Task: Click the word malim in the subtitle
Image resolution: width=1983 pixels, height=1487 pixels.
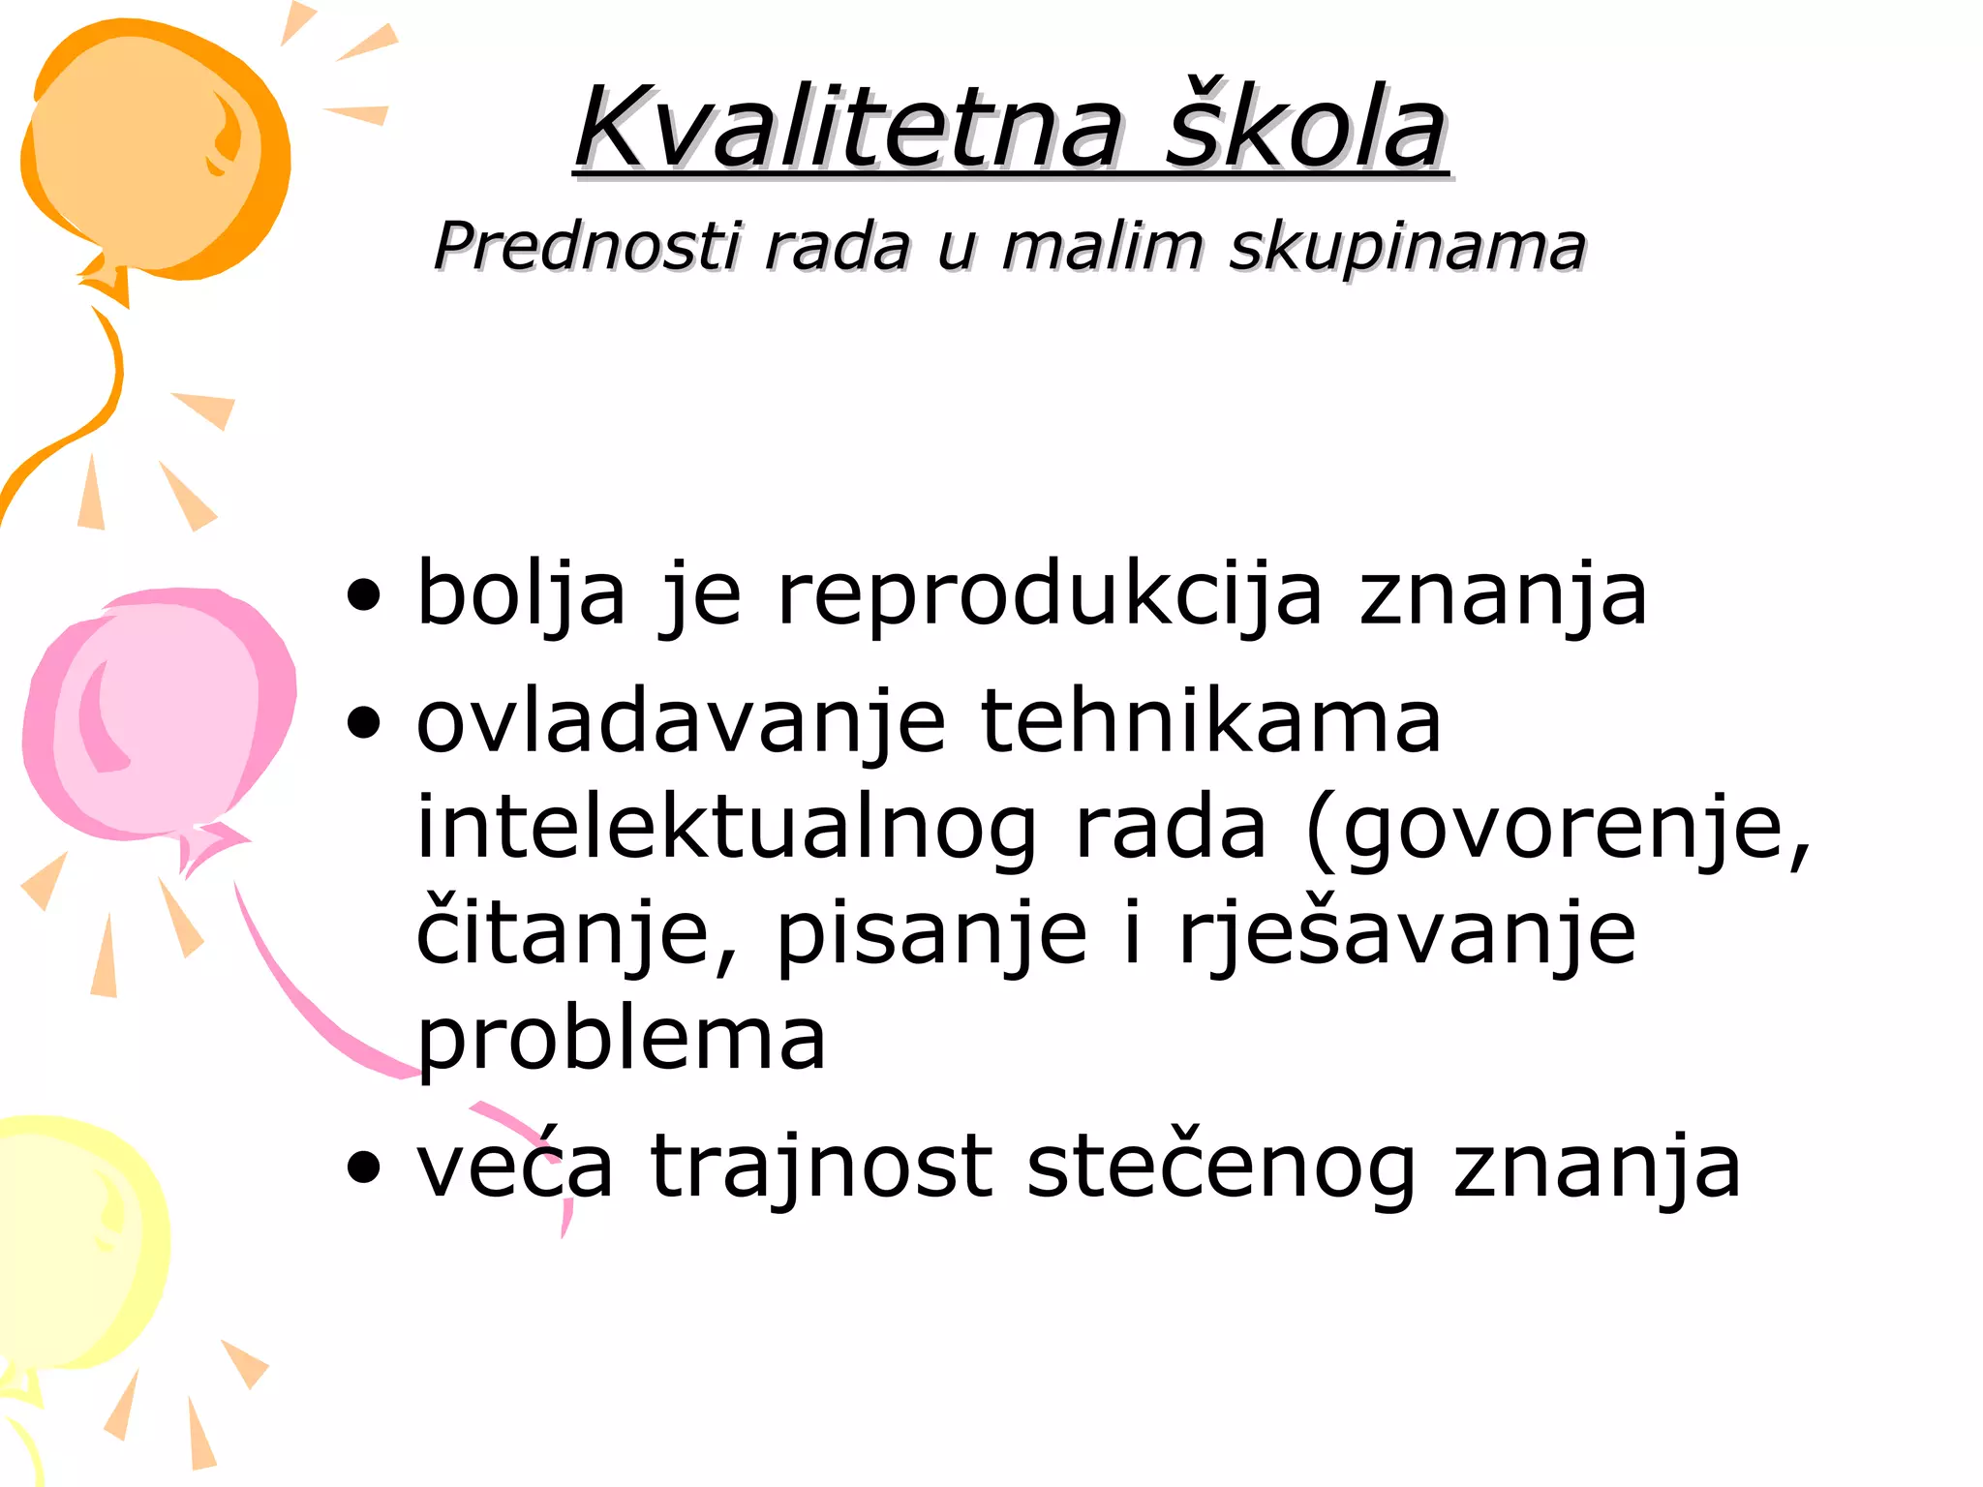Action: (x=1104, y=246)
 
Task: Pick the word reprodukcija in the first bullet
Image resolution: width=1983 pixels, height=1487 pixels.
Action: (x=1050, y=595)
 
